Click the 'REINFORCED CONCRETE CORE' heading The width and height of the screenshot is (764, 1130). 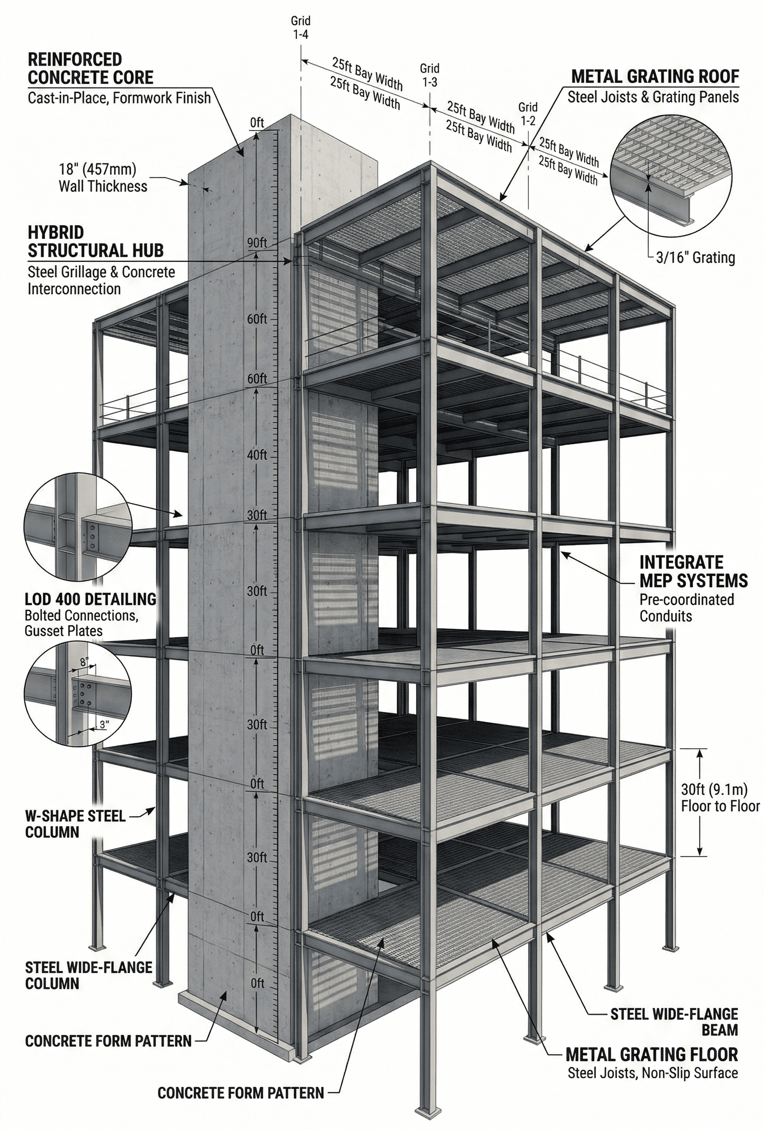tap(90, 68)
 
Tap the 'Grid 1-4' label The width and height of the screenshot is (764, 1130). tap(301, 28)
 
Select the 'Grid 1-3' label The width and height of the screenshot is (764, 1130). tap(430, 75)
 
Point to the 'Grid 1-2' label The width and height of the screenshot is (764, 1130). tap(528, 113)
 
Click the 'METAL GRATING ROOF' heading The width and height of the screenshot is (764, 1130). tap(655, 76)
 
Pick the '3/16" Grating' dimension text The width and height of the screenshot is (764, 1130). tap(695, 257)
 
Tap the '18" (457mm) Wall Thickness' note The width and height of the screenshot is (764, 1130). tap(103, 177)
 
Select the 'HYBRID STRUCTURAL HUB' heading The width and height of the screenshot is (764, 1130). tap(95, 242)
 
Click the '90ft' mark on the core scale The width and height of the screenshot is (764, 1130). tap(257, 243)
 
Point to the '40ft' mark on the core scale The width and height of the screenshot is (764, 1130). tap(257, 455)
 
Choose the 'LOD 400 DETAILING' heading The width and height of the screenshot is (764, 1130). tap(90, 598)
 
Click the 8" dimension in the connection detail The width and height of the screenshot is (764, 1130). tap(84, 662)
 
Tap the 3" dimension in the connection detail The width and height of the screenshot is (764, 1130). tap(104, 724)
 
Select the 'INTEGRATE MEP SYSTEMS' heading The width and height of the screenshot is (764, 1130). tap(693, 571)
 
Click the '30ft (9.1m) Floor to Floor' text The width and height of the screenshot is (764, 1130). tap(720, 798)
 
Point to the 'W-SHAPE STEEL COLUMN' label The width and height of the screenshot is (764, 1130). tap(75, 824)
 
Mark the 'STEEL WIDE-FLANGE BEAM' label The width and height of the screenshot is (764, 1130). tap(674, 1021)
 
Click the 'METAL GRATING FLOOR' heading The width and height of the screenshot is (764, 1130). tap(652, 1055)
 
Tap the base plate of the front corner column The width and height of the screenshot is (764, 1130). tap(428, 1113)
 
